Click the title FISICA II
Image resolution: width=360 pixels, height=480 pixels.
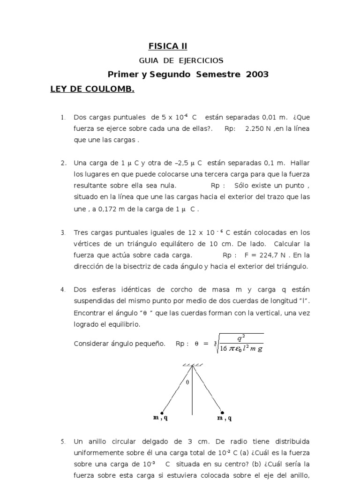pyautogui.click(x=168, y=46)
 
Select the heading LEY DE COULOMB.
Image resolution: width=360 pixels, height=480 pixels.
pyautogui.click(x=92, y=89)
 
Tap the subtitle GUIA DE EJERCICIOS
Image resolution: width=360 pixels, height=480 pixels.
pyautogui.click(x=181, y=60)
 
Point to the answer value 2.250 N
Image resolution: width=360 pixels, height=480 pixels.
pyautogui.click(x=258, y=128)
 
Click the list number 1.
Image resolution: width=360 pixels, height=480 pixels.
pyautogui.click(x=63, y=117)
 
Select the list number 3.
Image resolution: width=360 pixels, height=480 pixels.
pyautogui.click(x=63, y=232)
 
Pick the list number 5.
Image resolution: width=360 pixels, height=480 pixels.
pyautogui.click(x=63, y=442)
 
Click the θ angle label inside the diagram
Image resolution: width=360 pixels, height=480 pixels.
pyautogui.click(x=187, y=382)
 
